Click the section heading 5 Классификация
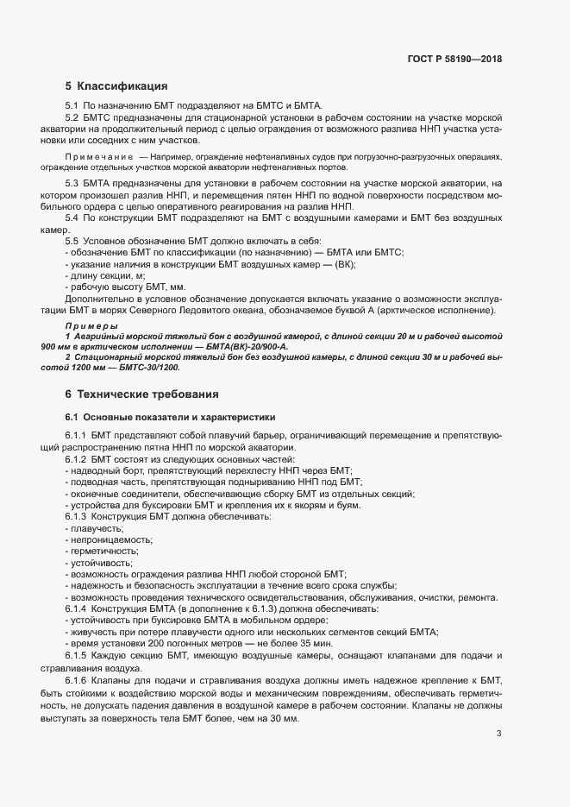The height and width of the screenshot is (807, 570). point(116,85)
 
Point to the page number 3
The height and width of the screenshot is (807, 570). point(499,734)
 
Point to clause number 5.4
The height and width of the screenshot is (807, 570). point(72,220)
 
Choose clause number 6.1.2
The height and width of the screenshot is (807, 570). point(76,459)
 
